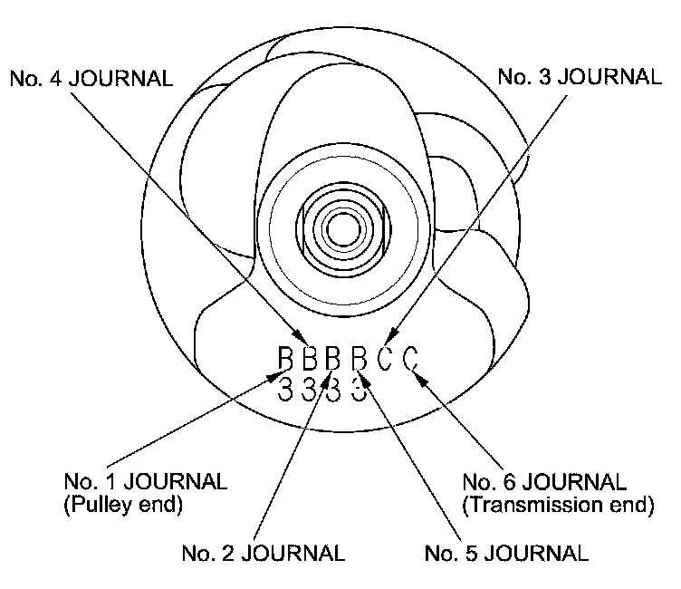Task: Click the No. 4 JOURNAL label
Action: (91, 78)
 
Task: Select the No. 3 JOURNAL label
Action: (580, 78)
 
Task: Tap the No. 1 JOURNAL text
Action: (145, 480)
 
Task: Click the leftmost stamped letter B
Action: (286, 360)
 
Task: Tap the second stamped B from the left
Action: (309, 360)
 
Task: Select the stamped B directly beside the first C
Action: (360, 360)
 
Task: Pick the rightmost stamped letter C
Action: (410, 360)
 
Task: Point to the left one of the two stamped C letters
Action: (385, 360)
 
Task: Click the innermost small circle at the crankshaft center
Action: (341, 227)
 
